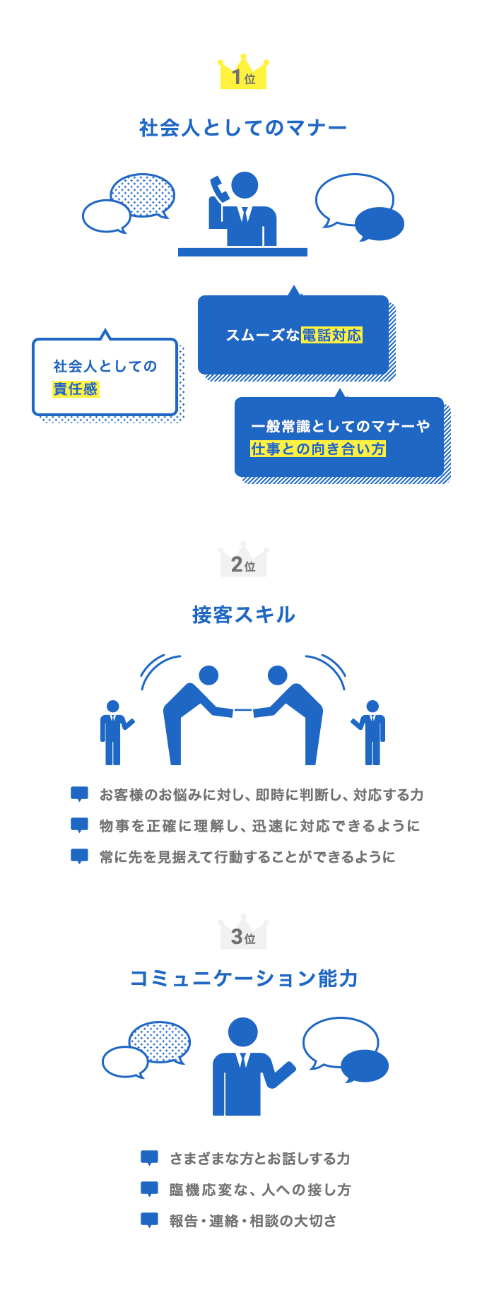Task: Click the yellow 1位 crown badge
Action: tap(243, 71)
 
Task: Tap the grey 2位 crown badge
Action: tap(243, 560)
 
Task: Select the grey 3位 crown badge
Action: tap(243, 932)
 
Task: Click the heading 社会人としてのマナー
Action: tap(243, 128)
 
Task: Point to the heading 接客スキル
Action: tap(243, 615)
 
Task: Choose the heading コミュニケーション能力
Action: tap(244, 979)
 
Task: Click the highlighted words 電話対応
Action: tap(331, 336)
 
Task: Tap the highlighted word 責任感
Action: tap(76, 389)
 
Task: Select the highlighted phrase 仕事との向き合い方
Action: tap(318, 449)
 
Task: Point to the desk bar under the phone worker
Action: tap(242, 252)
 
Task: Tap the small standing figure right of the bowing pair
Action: tap(370, 733)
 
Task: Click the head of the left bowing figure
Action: tap(208, 675)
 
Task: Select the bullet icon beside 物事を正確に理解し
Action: tap(80, 825)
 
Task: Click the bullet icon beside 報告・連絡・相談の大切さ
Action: tap(149, 1220)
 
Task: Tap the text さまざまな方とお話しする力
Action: tap(260, 1159)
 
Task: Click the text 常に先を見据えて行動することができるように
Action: tap(247, 857)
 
